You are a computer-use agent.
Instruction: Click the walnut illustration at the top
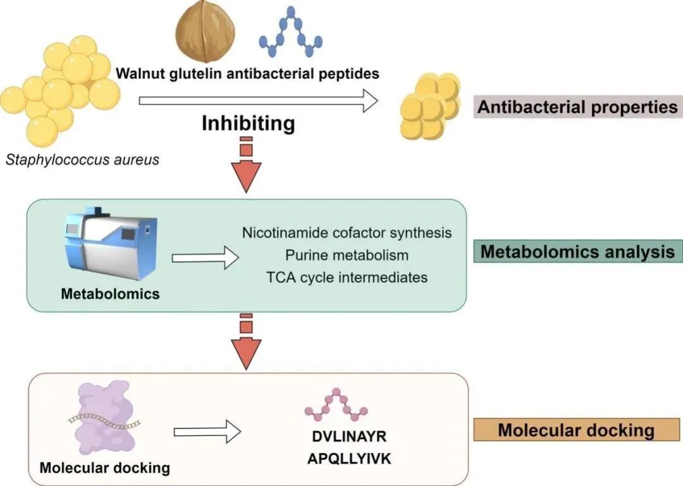tap(205, 32)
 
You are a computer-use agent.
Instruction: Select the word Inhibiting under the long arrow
tap(249, 123)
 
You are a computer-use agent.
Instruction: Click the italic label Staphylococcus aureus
tap(82, 159)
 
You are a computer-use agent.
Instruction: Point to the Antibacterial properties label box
tap(577, 107)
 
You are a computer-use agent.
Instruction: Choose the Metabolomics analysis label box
tap(577, 252)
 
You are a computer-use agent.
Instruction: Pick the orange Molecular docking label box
tap(575, 430)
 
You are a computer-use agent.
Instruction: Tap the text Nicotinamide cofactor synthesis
tap(347, 233)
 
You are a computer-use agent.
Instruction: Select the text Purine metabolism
tap(347, 255)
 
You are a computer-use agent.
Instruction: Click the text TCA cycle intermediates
tap(347, 277)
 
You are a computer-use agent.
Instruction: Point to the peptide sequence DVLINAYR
tap(349, 437)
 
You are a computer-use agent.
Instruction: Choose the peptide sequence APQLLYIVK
tap(349, 459)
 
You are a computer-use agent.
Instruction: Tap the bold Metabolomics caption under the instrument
tap(110, 294)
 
